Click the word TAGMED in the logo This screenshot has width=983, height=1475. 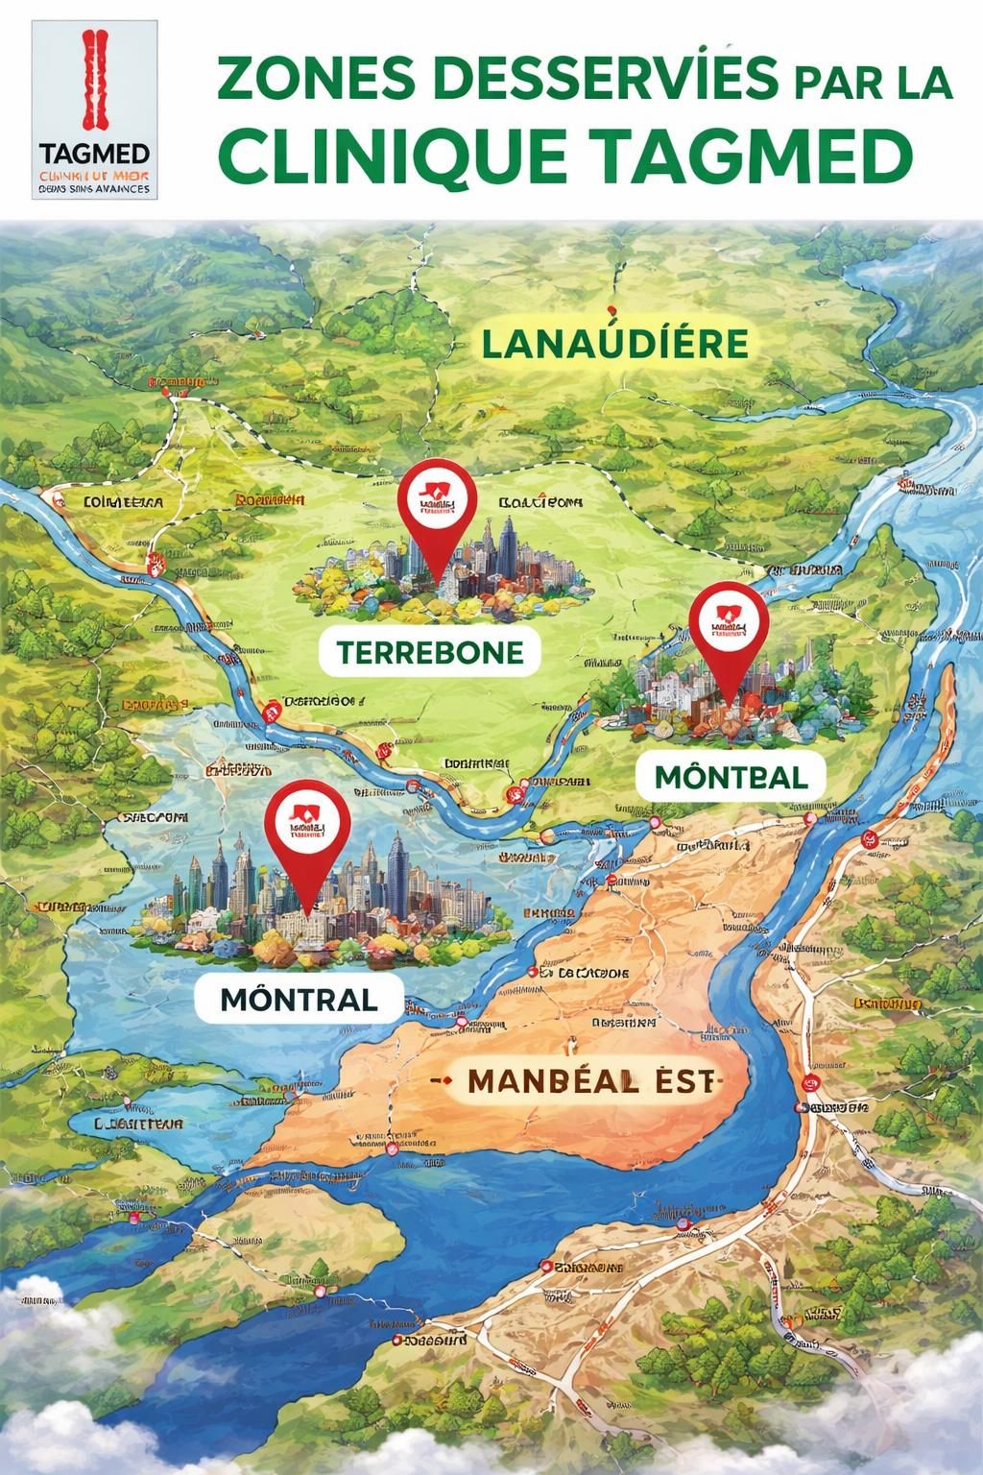(x=95, y=155)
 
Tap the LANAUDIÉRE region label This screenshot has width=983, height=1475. (x=614, y=343)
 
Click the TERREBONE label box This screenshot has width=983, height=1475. (x=430, y=653)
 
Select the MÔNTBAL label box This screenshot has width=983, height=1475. (x=730, y=776)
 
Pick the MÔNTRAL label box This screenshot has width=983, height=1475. (x=299, y=999)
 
